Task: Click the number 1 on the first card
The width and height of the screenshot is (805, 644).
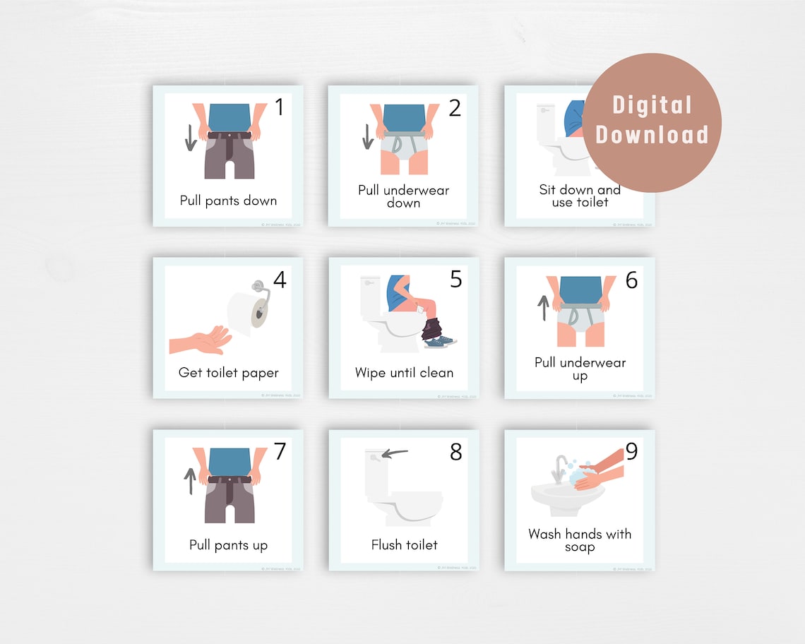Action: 279,108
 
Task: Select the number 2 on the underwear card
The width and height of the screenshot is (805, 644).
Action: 455,108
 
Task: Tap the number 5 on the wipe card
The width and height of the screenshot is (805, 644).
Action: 456,280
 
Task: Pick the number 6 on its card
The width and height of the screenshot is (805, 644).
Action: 631,280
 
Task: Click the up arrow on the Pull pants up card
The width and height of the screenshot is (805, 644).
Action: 190,481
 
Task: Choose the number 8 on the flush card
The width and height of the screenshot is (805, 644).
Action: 456,452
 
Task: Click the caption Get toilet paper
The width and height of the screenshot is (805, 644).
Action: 229,373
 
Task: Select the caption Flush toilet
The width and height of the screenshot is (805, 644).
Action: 405,545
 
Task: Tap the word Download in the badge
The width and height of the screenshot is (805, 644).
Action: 652,134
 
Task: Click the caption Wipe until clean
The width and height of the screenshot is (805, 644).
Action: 405,373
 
